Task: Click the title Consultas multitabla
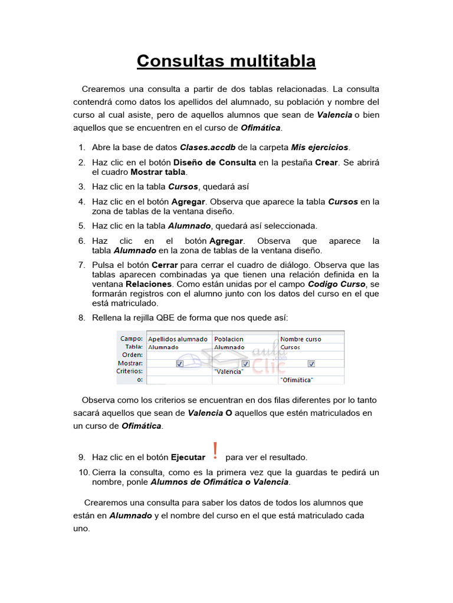pyautogui.click(x=226, y=61)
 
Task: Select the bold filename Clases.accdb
pyautogui.click(x=205, y=147)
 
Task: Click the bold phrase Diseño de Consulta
pyautogui.click(x=215, y=163)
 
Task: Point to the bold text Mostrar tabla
pyautogui.click(x=158, y=172)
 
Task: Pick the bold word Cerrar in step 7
pyautogui.click(x=165, y=264)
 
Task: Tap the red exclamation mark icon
pyautogui.click(x=215, y=451)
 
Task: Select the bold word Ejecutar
pyautogui.click(x=188, y=457)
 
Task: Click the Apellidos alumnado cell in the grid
pyautogui.click(x=178, y=339)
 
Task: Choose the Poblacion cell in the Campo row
pyautogui.click(x=229, y=339)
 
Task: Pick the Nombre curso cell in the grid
pyautogui.click(x=301, y=339)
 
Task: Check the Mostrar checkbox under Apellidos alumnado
pyautogui.click(x=179, y=364)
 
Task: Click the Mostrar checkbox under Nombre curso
pyautogui.click(x=311, y=364)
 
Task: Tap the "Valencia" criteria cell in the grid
pyautogui.click(x=229, y=372)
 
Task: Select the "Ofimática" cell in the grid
pyautogui.click(x=297, y=380)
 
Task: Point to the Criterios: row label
pyautogui.click(x=130, y=372)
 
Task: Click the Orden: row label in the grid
pyautogui.click(x=132, y=355)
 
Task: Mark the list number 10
pyautogui.click(x=83, y=472)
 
